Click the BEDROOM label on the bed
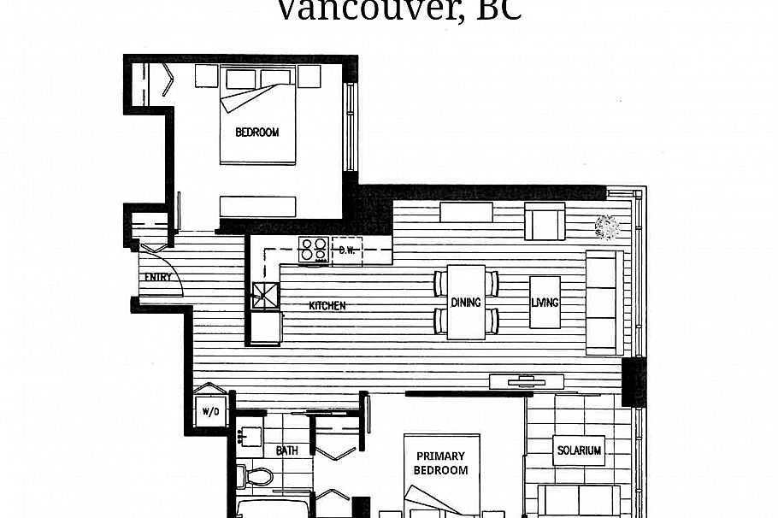point(257,132)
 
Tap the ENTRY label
point(157,277)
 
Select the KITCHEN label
point(327,305)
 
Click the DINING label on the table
point(466,303)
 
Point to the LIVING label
point(545,303)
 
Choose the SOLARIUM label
point(579,450)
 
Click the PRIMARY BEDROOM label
point(441,463)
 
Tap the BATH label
point(287,450)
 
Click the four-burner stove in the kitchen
point(314,249)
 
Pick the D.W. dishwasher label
point(347,250)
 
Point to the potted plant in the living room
point(607,227)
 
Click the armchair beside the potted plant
point(545,222)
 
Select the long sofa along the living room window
point(604,303)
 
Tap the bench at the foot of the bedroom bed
point(257,206)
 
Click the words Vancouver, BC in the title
point(398,10)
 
